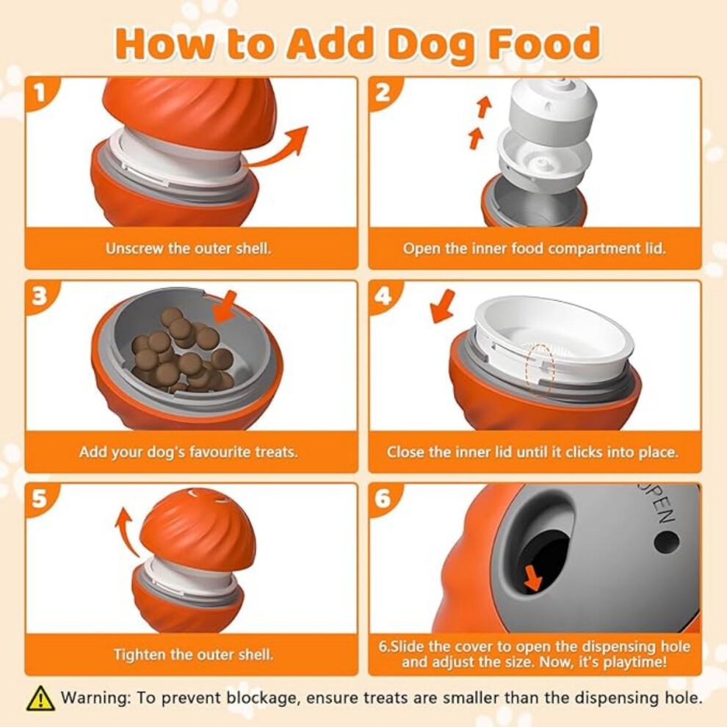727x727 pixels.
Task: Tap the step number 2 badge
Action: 383,93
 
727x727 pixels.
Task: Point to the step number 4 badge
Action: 383,296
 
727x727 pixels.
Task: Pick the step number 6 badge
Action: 383,499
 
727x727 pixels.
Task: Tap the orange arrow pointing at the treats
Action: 225,308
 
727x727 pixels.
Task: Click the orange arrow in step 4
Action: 442,306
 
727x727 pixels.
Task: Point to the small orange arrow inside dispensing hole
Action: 532,579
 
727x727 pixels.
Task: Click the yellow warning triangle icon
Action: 41,698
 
